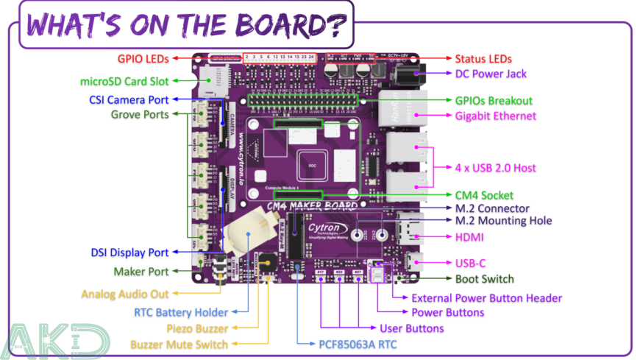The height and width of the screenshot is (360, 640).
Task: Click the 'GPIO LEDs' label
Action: (x=143, y=59)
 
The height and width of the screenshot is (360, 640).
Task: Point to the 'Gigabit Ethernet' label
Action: (x=495, y=116)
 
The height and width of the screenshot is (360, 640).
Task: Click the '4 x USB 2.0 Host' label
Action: (x=495, y=168)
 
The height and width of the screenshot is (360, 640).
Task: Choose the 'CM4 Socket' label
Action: (x=486, y=195)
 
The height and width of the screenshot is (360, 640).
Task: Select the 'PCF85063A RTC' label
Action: (x=353, y=343)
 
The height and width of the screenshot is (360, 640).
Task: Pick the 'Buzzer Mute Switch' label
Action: (x=179, y=344)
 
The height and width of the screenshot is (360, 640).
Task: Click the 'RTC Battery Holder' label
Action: (x=181, y=312)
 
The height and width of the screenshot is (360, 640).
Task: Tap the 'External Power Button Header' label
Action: (x=486, y=298)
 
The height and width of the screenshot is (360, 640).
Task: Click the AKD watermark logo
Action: (x=55, y=340)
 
